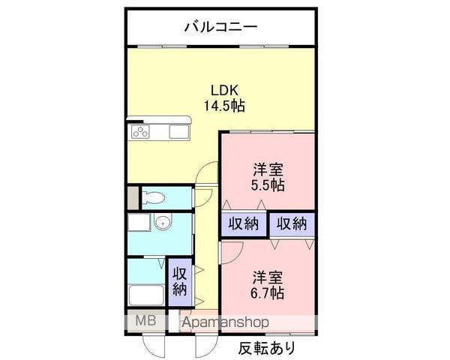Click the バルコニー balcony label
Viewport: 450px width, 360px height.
tap(220, 27)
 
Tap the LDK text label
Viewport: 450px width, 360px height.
tap(225, 91)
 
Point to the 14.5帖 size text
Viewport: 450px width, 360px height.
tap(224, 106)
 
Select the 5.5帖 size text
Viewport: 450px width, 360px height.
tap(268, 185)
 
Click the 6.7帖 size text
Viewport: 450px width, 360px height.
tap(268, 293)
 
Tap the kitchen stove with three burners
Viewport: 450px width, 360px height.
tap(140, 132)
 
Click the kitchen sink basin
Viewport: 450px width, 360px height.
tap(179, 132)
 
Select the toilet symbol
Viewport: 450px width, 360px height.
tap(153, 198)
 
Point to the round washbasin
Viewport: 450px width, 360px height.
tap(163, 222)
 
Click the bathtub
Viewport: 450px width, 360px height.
tap(146, 295)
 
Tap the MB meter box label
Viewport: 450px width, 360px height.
tap(145, 320)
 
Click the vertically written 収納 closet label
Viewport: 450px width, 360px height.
tap(180, 281)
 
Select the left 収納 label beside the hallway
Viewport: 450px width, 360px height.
tap(244, 223)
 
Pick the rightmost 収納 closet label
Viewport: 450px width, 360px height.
tap(292, 223)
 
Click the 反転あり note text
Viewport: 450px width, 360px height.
tap(267, 348)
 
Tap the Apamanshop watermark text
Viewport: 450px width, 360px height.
tap(226, 322)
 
